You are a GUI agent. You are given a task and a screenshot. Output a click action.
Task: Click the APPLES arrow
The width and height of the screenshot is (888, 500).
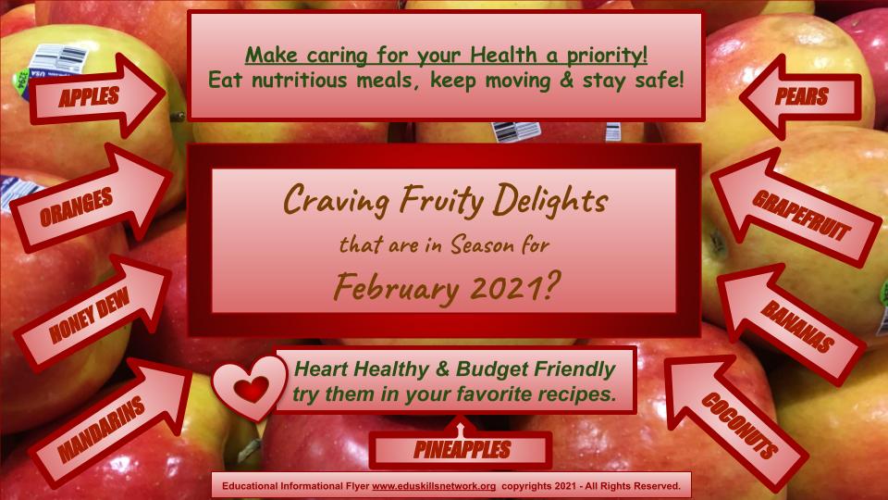click(96, 96)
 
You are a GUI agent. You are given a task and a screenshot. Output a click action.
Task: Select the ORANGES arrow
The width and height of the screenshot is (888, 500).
click(91, 198)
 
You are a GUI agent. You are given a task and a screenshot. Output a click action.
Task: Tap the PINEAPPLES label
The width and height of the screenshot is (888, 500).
click(462, 450)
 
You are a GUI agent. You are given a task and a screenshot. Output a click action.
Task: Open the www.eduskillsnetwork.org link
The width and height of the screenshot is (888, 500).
click(434, 486)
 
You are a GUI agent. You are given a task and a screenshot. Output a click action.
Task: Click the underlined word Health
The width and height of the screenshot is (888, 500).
click(503, 55)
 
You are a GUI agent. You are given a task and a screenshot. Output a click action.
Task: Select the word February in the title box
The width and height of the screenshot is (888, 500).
click(396, 288)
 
